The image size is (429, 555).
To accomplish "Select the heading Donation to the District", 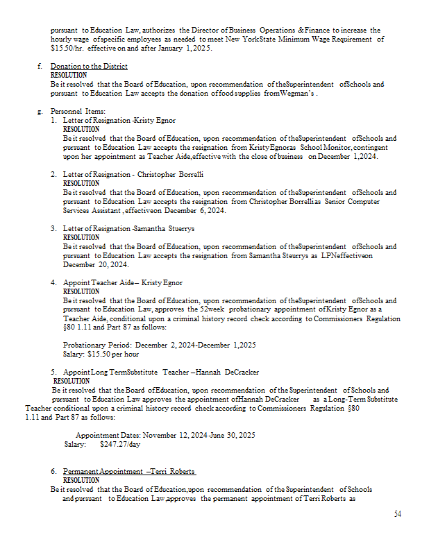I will pyautogui.click(x=89, y=67).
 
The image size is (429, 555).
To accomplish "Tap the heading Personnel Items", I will pyautogui.click(x=77, y=111).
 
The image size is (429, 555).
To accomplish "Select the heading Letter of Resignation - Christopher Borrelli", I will pyautogui.click(x=133, y=174).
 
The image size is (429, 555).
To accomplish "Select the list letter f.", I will pyautogui.click(x=40, y=67).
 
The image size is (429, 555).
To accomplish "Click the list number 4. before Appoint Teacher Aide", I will pyautogui.click(x=53, y=283).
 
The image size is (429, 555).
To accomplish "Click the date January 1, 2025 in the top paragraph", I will pyautogui.click(x=189, y=48).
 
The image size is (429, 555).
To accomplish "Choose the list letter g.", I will pyautogui.click(x=40, y=111).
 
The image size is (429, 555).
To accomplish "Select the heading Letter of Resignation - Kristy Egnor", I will pyautogui.click(x=119, y=120).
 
